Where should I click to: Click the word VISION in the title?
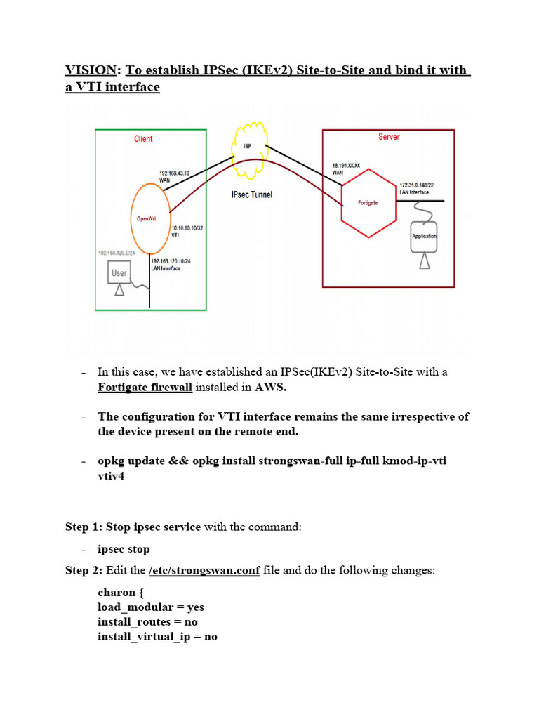tap(91, 70)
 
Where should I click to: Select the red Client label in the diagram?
tap(143, 139)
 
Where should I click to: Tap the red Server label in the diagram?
tap(389, 137)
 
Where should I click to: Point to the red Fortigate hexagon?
tap(368, 203)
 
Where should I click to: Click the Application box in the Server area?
tap(424, 237)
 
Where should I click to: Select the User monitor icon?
tap(119, 272)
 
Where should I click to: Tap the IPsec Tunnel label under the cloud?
tap(252, 194)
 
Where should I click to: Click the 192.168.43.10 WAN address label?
tap(175, 176)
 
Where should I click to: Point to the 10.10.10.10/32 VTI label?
tap(187, 231)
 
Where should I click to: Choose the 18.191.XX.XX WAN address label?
tap(346, 169)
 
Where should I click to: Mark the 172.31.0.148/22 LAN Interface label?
tap(417, 188)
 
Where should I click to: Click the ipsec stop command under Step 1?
tap(124, 549)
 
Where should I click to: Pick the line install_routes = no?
tap(147, 622)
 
